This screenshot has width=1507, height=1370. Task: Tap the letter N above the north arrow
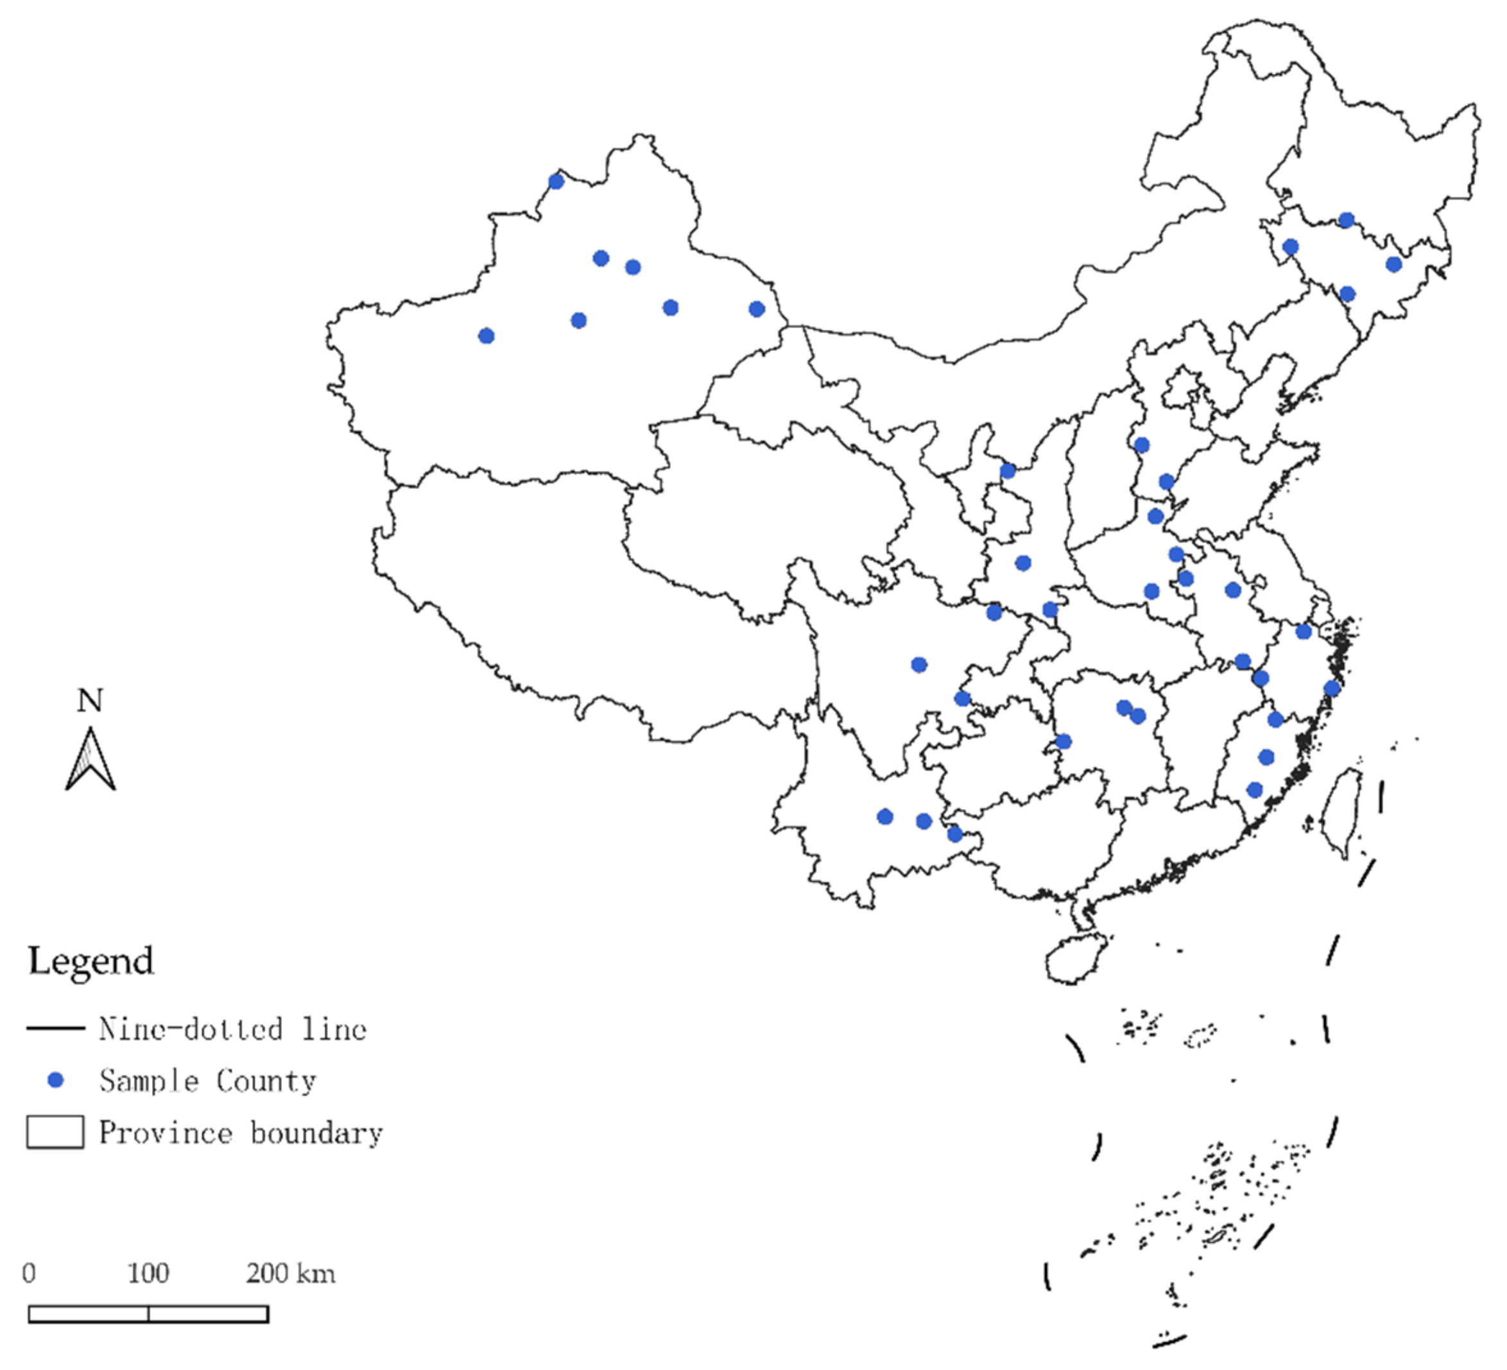point(90,700)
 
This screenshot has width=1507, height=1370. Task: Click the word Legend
point(91,961)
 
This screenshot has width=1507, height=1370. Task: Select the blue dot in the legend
point(55,1080)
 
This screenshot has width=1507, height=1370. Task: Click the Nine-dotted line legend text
point(232,1029)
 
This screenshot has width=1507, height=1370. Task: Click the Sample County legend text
point(208,1081)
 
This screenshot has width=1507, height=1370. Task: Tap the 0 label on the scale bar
point(28,1273)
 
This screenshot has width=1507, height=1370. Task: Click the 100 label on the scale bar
point(148,1273)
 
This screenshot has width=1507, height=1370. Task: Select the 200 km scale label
point(291,1273)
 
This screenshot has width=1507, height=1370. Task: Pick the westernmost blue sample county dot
point(486,336)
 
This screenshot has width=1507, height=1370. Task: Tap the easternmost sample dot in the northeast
point(1393,264)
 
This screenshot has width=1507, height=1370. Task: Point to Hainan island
point(1075,957)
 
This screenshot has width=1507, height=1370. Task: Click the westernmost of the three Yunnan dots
point(885,817)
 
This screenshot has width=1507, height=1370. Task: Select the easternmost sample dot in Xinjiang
point(757,309)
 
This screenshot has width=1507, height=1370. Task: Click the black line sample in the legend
point(55,1029)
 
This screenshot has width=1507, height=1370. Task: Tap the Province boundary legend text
point(241,1133)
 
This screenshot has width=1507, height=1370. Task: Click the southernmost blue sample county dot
point(954,834)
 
